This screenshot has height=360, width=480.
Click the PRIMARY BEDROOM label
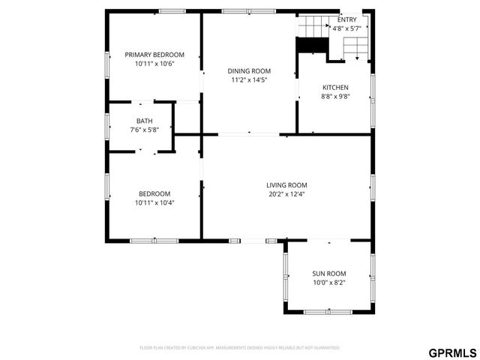coord(154,55)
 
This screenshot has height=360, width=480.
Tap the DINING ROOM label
coord(249,70)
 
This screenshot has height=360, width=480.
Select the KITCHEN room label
coord(335,88)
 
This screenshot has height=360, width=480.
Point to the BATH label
coord(144,121)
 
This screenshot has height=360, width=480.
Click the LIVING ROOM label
coord(286,185)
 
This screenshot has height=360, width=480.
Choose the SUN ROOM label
coord(328,274)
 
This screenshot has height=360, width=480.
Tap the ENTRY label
coord(347,19)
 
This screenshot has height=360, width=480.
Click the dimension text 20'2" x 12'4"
coord(286,194)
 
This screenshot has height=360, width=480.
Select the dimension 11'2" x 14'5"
coord(249,79)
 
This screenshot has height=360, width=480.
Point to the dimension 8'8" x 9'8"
coord(335,97)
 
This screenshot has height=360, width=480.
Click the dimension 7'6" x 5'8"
coord(144,130)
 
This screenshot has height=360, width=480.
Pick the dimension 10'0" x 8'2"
coord(328,283)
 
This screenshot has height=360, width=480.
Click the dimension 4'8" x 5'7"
coord(347,28)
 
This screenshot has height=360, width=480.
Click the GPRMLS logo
coord(452,352)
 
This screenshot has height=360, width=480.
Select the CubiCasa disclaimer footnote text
coord(240,348)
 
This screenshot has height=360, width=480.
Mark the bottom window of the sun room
coord(328,311)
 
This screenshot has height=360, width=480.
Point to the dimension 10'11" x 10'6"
coord(154,64)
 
